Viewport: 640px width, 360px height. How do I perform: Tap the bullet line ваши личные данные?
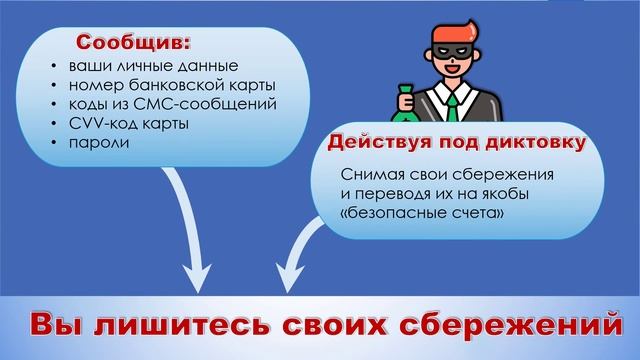pos(138,67)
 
